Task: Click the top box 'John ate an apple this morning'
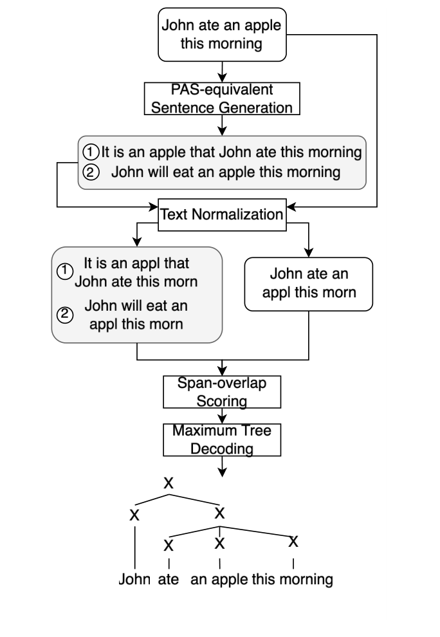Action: coord(221,35)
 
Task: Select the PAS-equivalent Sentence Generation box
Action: coord(221,98)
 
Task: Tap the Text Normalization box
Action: coord(221,214)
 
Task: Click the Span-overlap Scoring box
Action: coord(221,391)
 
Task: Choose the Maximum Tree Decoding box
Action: coord(221,439)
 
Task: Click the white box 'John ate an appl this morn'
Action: coord(309,284)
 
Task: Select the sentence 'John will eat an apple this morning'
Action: coord(225,172)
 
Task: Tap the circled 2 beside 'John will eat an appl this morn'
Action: coord(63,315)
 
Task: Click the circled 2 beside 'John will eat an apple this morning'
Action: coord(92,172)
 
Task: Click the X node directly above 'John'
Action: coord(134,515)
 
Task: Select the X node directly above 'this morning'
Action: coord(293,541)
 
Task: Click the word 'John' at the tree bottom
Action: coord(134,579)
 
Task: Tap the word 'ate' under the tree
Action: coord(169,579)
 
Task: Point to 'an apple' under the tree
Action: coord(220,579)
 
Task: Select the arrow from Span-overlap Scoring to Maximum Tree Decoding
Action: coord(221,416)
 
